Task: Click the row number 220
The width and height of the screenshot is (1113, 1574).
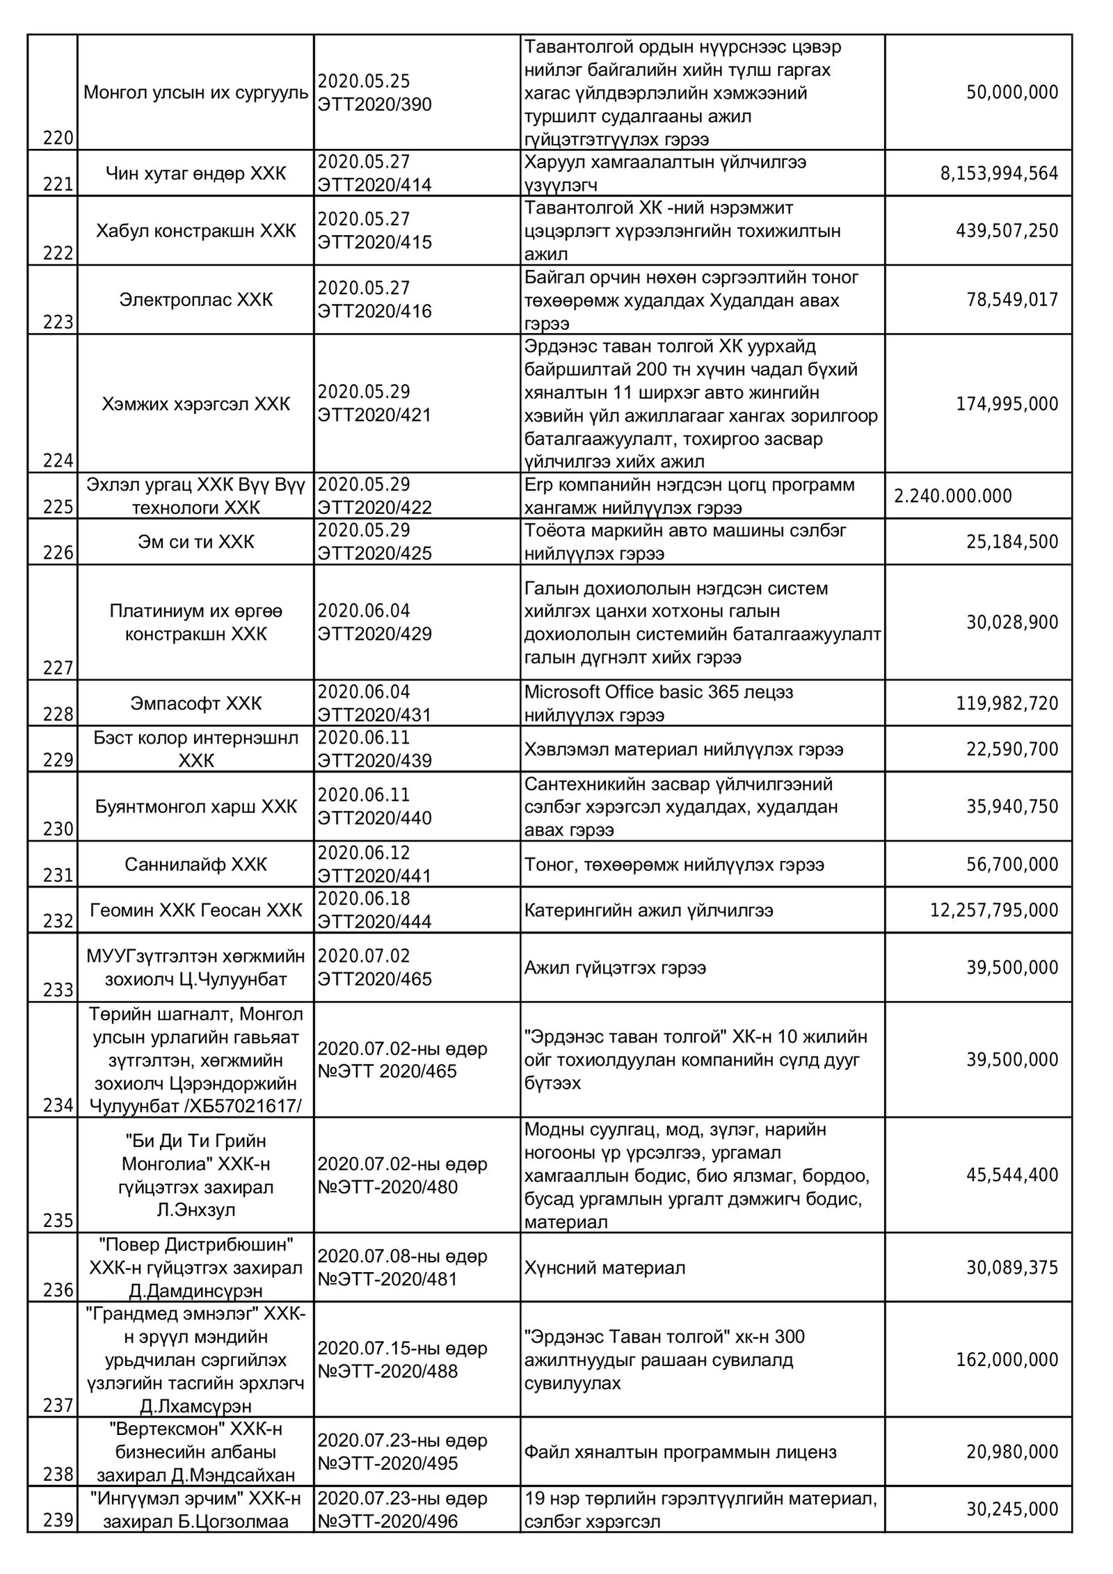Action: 58,138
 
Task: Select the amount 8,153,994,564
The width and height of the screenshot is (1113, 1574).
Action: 1000,173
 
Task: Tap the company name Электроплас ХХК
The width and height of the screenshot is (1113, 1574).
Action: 196,300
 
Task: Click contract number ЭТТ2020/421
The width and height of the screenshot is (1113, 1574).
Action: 375,415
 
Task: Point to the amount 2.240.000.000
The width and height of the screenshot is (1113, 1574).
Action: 953,496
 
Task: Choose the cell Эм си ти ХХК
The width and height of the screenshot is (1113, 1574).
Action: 196,542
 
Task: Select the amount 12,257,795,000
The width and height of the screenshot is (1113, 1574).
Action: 994,910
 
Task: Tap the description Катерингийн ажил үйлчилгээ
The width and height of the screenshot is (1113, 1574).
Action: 649,910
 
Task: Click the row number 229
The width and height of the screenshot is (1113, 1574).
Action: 58,760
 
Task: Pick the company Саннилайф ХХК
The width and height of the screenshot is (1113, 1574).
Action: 196,865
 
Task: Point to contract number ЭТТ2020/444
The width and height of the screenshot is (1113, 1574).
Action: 375,922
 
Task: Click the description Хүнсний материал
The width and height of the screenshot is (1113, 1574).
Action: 605,1267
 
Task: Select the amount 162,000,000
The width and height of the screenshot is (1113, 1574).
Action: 1007,1359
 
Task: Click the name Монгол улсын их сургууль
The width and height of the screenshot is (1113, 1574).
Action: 196,93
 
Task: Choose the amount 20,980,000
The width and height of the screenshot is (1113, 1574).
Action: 1012,1452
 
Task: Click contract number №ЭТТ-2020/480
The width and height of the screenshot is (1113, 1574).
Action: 388,1187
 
